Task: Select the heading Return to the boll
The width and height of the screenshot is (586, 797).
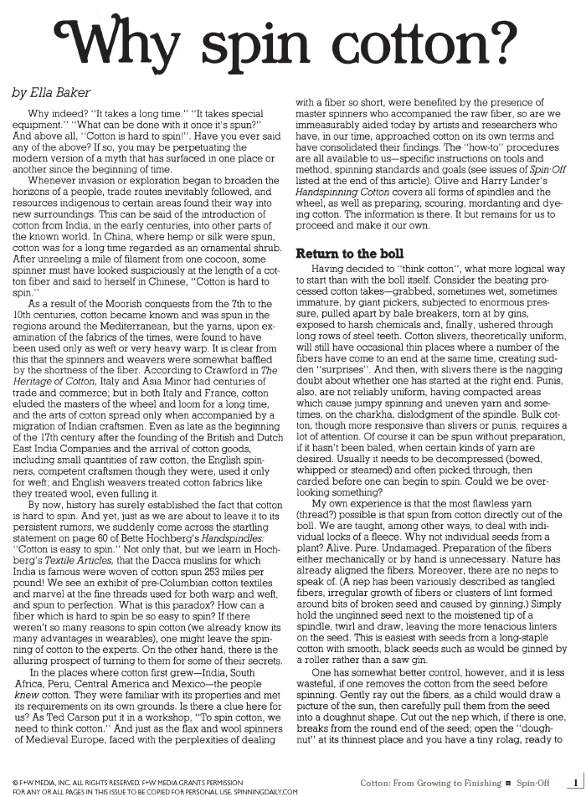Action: tap(349, 253)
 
